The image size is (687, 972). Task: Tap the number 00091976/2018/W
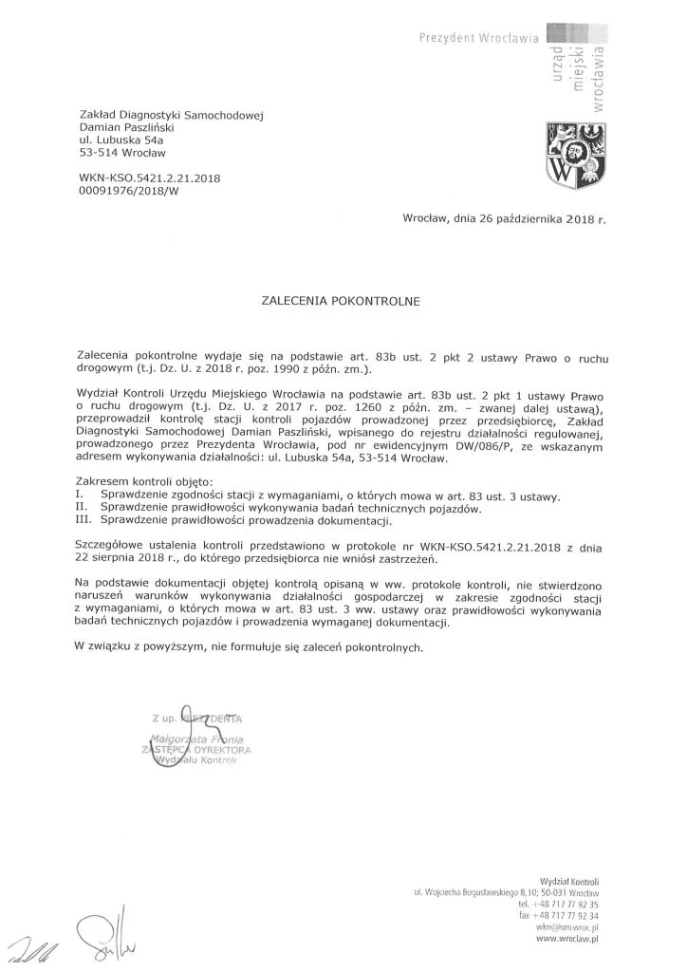pos(130,191)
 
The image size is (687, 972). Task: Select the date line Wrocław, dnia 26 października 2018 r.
pos(503,219)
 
